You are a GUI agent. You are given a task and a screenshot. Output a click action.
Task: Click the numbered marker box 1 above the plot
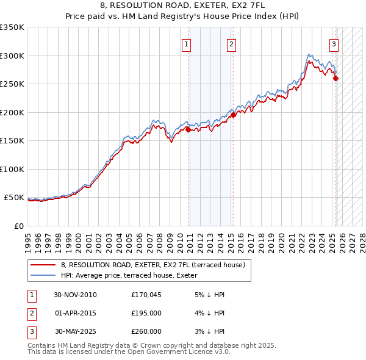pyautogui.click(x=185, y=43)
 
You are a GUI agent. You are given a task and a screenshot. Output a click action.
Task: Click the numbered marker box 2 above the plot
pyautogui.click(x=232, y=43)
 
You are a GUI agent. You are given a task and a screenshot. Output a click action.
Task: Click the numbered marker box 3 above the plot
pyautogui.click(x=334, y=43)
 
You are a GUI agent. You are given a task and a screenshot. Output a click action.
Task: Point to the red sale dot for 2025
pyautogui.click(x=336, y=78)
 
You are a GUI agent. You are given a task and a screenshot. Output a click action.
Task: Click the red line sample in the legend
pyautogui.click(x=43, y=265)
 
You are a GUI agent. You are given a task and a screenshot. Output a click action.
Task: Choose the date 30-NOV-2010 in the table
pyautogui.click(x=76, y=295)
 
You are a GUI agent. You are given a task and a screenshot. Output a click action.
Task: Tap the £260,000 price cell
pyautogui.click(x=146, y=331)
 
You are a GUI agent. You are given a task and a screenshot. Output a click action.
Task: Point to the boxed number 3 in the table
pyautogui.click(x=31, y=331)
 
